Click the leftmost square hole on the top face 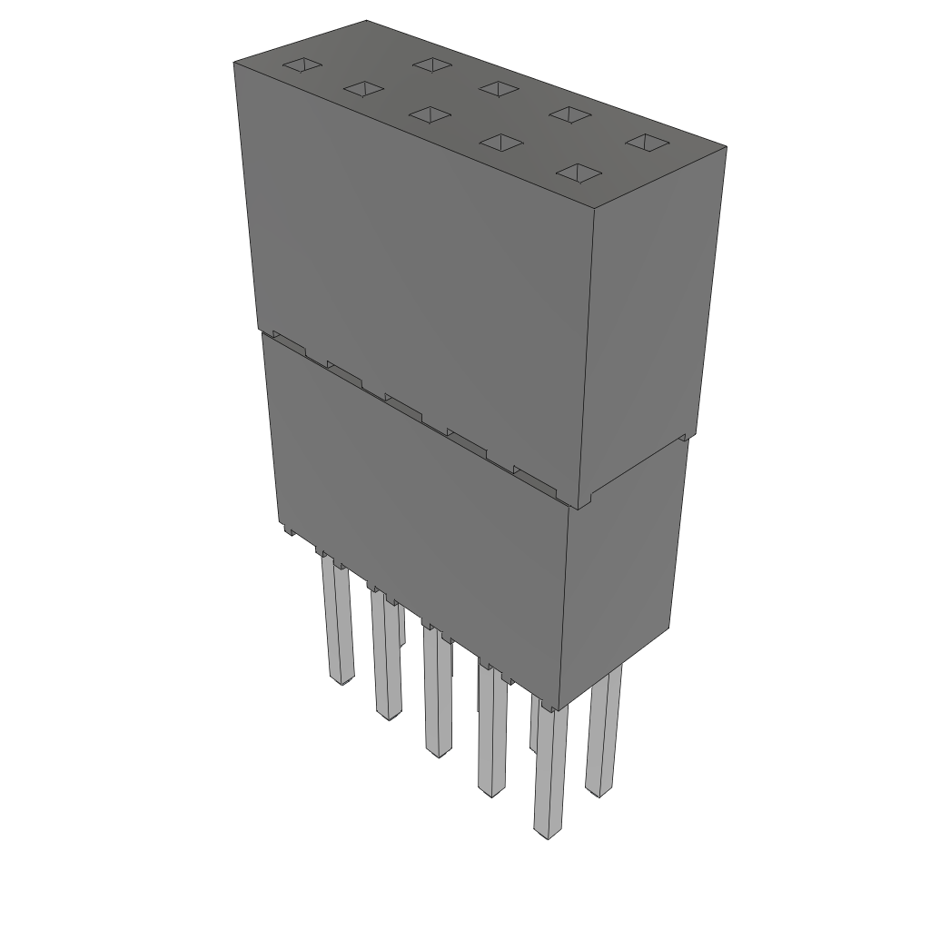[x=301, y=66]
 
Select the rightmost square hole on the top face [x=648, y=143]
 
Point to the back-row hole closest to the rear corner [x=432, y=64]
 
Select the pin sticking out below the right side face [x=603, y=736]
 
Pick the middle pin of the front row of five [x=437, y=695]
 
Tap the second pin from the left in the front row [x=386, y=658]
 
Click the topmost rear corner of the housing [x=366, y=21]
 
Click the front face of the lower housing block [x=418, y=509]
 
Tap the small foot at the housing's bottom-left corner [x=287, y=529]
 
